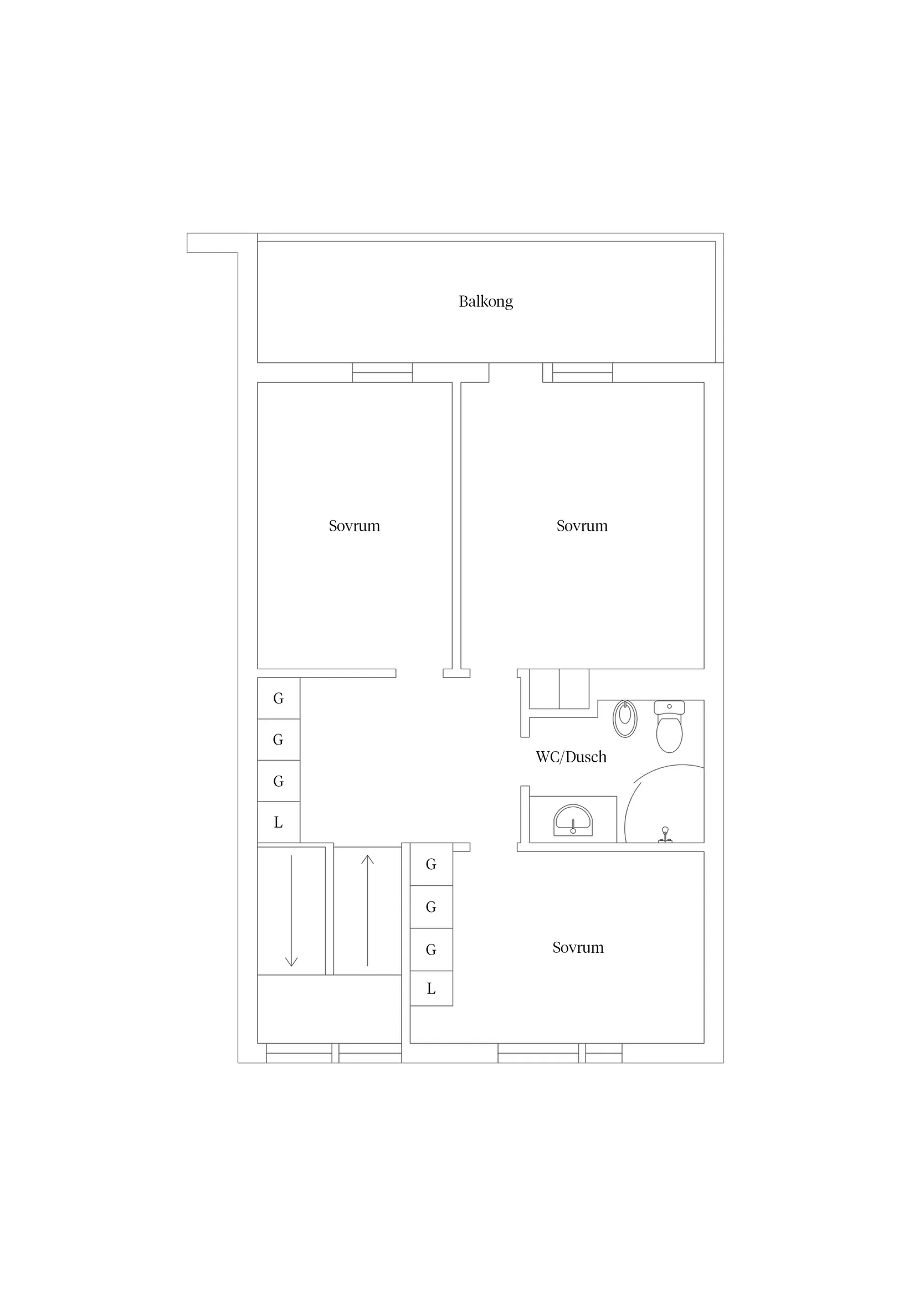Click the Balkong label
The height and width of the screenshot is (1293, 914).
(x=485, y=302)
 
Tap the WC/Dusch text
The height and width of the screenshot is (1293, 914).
(x=571, y=757)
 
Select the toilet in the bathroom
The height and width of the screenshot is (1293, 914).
(x=669, y=726)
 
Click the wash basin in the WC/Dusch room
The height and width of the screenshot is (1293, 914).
(x=573, y=820)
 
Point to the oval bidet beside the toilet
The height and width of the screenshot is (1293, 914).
(x=624, y=719)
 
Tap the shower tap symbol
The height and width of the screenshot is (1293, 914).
(x=665, y=835)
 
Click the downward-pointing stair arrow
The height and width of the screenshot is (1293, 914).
(x=291, y=911)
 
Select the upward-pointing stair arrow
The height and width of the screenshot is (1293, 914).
(x=367, y=911)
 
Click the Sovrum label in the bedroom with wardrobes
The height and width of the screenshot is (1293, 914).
(x=578, y=948)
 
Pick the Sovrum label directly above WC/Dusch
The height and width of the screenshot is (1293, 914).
(x=582, y=526)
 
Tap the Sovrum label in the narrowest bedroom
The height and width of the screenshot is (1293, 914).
(x=354, y=526)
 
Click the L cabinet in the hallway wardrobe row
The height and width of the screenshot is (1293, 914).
(x=278, y=822)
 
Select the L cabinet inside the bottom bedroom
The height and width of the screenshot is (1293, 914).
(x=432, y=988)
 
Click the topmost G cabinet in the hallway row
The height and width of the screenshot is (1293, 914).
(x=278, y=699)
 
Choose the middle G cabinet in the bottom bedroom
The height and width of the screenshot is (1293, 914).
(x=432, y=907)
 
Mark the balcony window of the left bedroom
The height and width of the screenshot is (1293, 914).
(x=382, y=372)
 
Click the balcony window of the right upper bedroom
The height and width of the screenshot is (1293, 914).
(x=582, y=372)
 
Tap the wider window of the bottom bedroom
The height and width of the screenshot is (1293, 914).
(x=538, y=1053)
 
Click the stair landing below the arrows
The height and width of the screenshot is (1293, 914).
(x=329, y=1009)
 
